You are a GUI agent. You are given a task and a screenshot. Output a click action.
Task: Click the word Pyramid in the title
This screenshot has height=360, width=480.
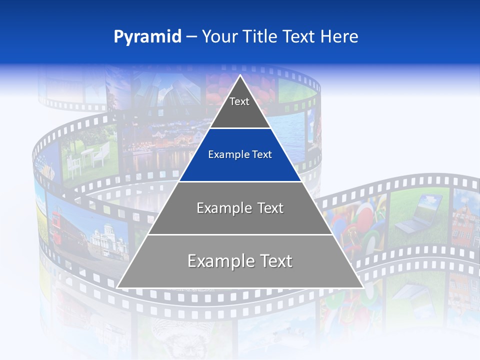tap(147, 36)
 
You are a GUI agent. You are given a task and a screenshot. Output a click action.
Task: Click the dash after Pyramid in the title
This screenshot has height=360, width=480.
tap(191, 37)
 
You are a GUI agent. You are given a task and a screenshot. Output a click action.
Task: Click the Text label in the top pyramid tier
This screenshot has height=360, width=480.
tap(239, 101)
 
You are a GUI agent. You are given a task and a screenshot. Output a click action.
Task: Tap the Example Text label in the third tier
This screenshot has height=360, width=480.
tap(240, 208)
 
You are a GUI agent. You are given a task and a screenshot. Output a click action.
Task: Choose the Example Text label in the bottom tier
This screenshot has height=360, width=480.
tap(240, 261)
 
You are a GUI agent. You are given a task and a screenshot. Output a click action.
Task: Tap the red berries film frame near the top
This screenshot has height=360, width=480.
tap(225, 90)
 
